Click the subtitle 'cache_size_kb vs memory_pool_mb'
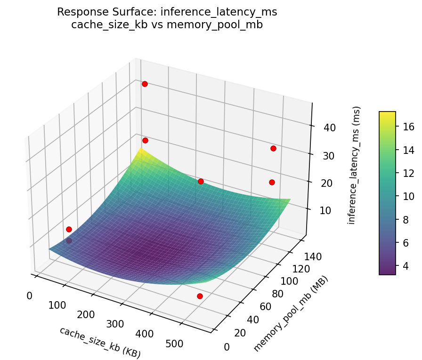[167, 25]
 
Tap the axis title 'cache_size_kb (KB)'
[100, 342]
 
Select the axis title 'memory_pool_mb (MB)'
[291, 314]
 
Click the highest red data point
[145, 84]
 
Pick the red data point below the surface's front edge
[200, 296]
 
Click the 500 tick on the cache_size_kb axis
[174, 344]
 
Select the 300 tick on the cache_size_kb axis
[115, 324]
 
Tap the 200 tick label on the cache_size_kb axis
[86, 314]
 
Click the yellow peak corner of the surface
[141, 148]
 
